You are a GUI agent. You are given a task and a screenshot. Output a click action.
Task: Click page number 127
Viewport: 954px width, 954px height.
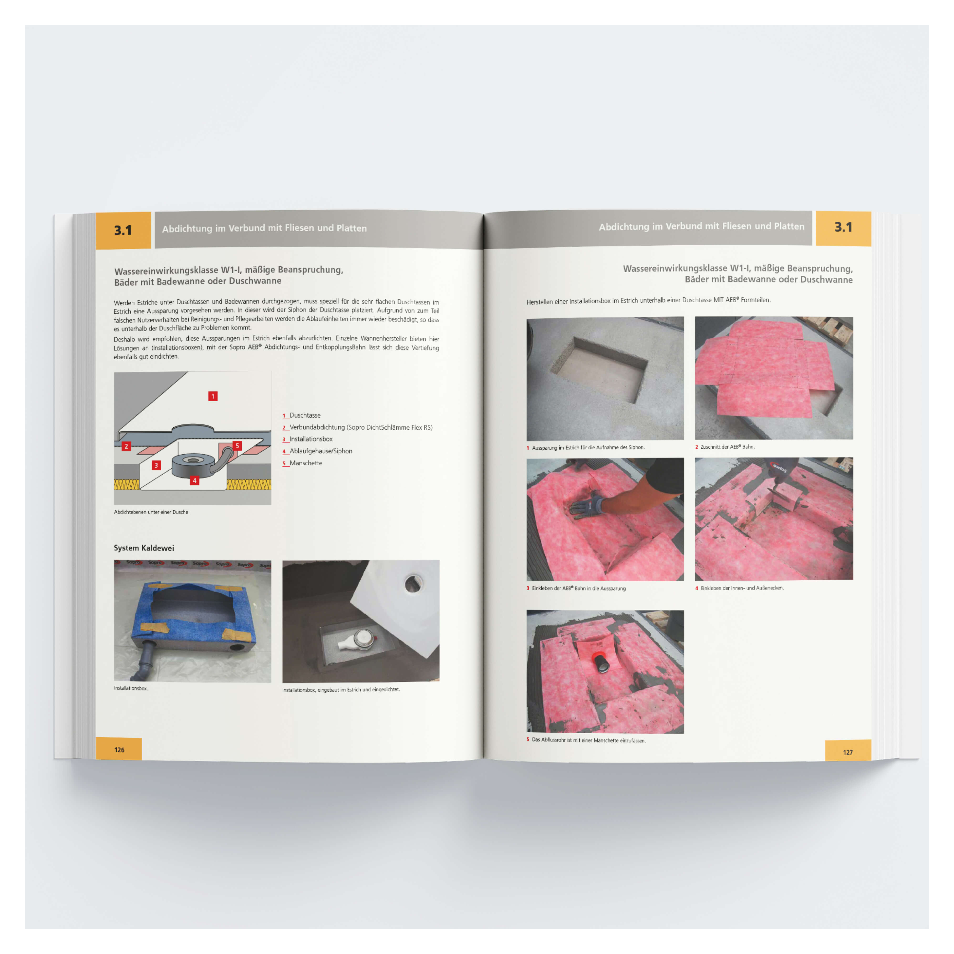[x=848, y=752]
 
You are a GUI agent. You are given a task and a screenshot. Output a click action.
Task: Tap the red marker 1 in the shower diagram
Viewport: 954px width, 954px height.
[x=213, y=396]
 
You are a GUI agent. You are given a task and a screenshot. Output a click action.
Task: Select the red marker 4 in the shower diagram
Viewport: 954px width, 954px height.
[x=195, y=480]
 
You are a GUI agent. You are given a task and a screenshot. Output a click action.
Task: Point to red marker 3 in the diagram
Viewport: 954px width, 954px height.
[x=156, y=465]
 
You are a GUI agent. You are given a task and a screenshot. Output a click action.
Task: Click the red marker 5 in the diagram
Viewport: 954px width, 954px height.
[x=237, y=446]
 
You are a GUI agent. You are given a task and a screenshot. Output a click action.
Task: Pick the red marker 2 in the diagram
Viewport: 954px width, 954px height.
[x=126, y=446]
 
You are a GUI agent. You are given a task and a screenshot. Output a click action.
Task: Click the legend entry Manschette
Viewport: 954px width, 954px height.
[x=306, y=463]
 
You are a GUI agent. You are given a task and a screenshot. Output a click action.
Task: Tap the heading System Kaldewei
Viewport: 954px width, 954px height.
[x=144, y=548]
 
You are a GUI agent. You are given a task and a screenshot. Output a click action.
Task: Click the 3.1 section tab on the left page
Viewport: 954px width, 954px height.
[x=123, y=230]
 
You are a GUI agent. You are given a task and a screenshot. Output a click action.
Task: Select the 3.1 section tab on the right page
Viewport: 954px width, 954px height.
[x=843, y=227]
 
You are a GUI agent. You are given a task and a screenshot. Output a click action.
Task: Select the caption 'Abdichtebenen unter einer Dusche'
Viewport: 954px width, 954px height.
[x=152, y=512]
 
